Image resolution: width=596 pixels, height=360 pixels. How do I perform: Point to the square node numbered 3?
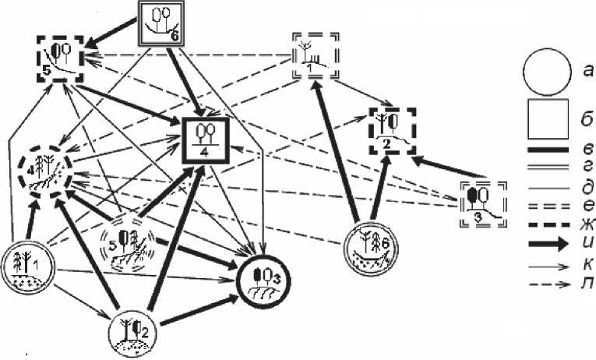point(481,203)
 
